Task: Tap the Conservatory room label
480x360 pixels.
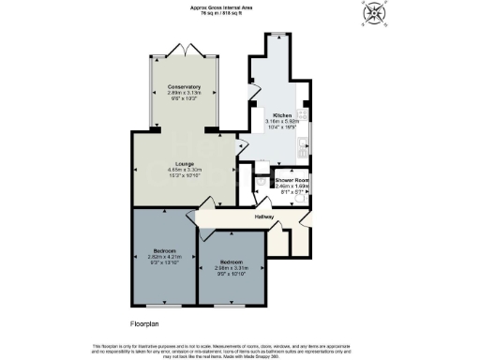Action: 184,86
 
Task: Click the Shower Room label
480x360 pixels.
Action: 292,179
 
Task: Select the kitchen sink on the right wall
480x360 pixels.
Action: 307,147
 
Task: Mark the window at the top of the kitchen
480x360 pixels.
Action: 277,36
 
